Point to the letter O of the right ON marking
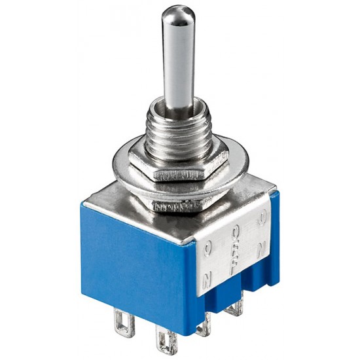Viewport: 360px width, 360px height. click(262, 216)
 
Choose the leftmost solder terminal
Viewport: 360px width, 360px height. click(120, 321)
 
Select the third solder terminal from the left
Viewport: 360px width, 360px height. click(204, 324)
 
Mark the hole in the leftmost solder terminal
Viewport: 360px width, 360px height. click(120, 323)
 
